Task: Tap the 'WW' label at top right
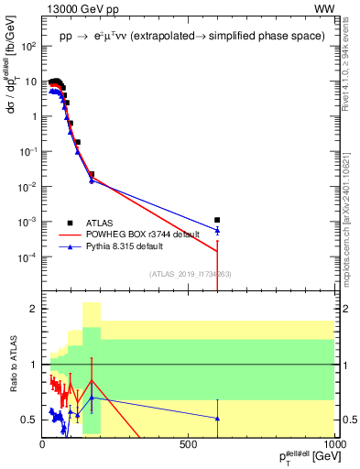click(326, 10)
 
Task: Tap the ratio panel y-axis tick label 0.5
click(29, 420)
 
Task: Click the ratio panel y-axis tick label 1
click(33, 365)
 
